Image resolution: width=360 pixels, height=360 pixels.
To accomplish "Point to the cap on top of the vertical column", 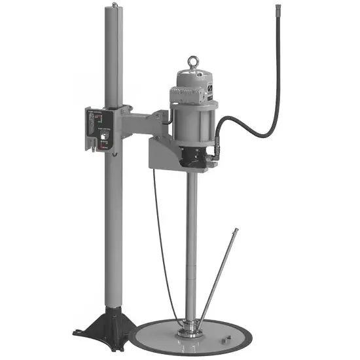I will click(x=116, y=7).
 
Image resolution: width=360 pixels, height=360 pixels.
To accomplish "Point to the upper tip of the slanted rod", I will click(x=236, y=230).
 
